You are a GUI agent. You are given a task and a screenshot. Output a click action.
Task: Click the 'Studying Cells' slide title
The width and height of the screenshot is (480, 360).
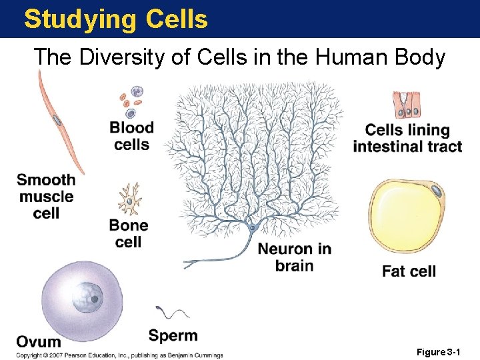tap(116, 19)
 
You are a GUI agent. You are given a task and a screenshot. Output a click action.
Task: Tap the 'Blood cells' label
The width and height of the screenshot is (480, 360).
tap(131, 136)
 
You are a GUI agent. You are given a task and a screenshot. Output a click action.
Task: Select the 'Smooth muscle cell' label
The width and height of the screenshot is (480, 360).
tap(46, 197)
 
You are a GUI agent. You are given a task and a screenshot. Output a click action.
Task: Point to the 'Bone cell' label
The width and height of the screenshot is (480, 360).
tap(129, 233)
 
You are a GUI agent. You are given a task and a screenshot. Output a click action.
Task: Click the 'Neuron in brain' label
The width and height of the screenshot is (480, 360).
tap(294, 257)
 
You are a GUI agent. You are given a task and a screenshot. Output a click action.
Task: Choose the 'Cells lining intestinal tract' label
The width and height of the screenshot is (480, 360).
tap(407, 138)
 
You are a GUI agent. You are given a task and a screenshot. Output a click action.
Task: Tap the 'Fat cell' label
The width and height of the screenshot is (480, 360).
tap(409, 271)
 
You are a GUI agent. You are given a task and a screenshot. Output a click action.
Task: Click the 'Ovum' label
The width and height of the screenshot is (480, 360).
tap(39, 342)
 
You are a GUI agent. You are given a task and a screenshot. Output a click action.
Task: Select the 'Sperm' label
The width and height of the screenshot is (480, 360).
tap(173, 335)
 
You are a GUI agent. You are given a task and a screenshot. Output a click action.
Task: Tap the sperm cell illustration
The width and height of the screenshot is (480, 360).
tap(172, 312)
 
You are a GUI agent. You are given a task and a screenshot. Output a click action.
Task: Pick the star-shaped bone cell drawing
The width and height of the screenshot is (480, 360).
tap(129, 198)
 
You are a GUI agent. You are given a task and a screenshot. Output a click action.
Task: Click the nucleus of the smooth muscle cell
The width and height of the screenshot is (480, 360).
tap(58, 121)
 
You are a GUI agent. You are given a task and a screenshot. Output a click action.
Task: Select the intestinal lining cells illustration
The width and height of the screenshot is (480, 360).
tap(407, 105)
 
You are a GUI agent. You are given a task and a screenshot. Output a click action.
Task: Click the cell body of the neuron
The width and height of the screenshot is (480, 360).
tap(252, 228)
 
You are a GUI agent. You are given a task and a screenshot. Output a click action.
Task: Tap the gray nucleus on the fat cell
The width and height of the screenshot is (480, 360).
tap(435, 192)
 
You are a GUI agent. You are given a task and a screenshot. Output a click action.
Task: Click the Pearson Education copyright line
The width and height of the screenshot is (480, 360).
tap(120, 355)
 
